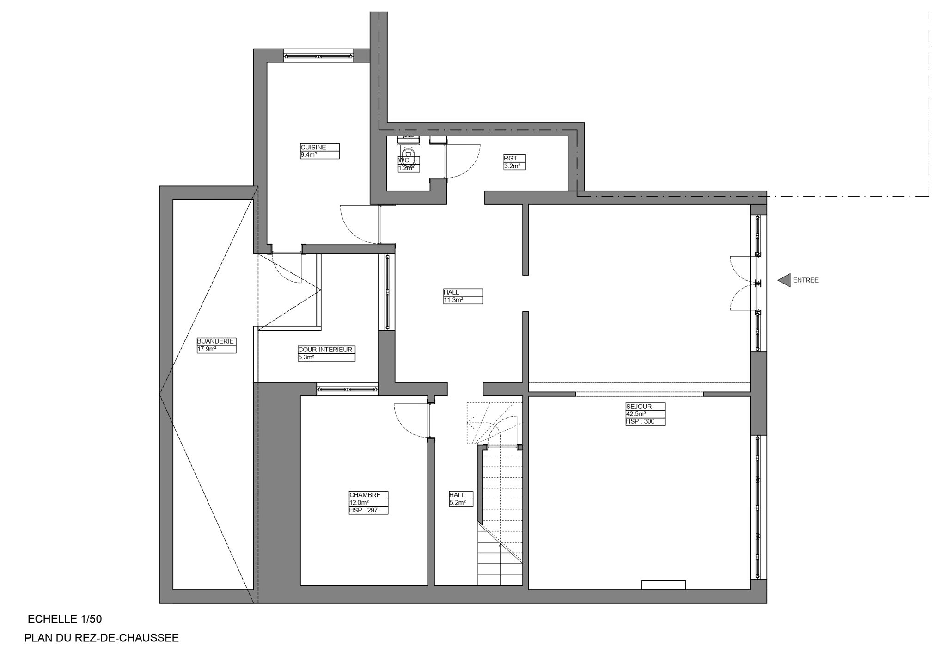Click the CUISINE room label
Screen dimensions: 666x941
pos(319,151)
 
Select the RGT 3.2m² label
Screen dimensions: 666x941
pos(514,162)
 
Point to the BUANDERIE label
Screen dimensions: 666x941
pos(216,345)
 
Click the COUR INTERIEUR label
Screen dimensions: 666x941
pos(326,353)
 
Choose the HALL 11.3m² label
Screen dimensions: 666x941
pos(462,296)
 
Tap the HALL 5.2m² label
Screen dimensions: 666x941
pos(461,499)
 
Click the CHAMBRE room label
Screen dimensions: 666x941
pos(368,502)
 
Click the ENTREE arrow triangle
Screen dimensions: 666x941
pos(785,280)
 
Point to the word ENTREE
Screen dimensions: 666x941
pos(806,280)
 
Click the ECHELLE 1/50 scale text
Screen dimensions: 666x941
pos(65,619)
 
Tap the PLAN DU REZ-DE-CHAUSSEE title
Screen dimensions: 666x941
pos(102,638)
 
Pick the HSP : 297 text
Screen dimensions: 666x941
pos(368,511)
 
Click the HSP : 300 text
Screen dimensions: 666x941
pos(645,422)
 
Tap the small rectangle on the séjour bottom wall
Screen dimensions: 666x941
pos(663,585)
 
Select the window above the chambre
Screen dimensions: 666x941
pos(348,389)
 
